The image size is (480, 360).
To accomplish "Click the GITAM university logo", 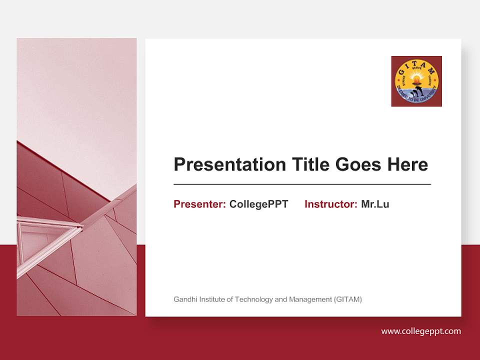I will click(x=416, y=81).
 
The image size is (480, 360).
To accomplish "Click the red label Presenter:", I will click(x=199, y=204).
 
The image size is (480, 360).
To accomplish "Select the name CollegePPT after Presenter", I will click(x=258, y=204).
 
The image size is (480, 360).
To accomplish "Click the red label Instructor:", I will click(x=330, y=204).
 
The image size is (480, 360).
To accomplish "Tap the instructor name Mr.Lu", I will click(x=375, y=204).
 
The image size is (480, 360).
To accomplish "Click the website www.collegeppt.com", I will click(x=421, y=331).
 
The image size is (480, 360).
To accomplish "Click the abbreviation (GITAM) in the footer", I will click(x=347, y=299).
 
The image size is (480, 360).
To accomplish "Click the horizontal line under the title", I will click(x=302, y=184).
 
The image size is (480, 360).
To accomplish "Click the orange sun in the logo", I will click(x=416, y=78).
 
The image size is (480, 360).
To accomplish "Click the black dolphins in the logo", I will click(x=417, y=91).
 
